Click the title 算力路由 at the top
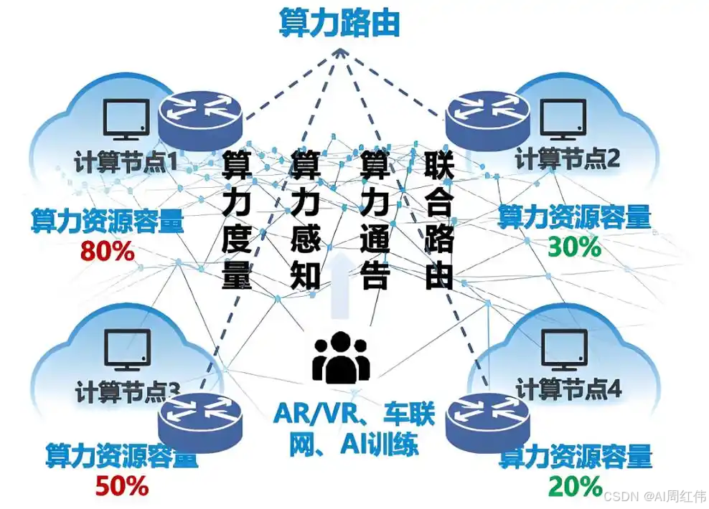coord(339,24)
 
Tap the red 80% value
coord(107,251)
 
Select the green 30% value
coord(574,247)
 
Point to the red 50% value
coord(121,486)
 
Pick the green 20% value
coord(576,486)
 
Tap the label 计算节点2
coord(568,159)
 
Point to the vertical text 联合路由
coord(438,220)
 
